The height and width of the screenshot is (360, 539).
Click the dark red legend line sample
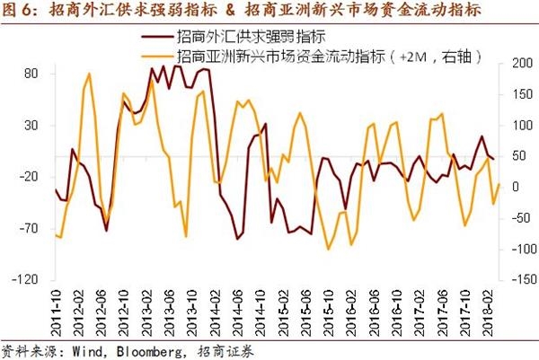tap(156, 38)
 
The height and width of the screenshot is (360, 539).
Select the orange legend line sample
tap(156, 55)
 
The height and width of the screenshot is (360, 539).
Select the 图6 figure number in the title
tap(18, 12)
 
